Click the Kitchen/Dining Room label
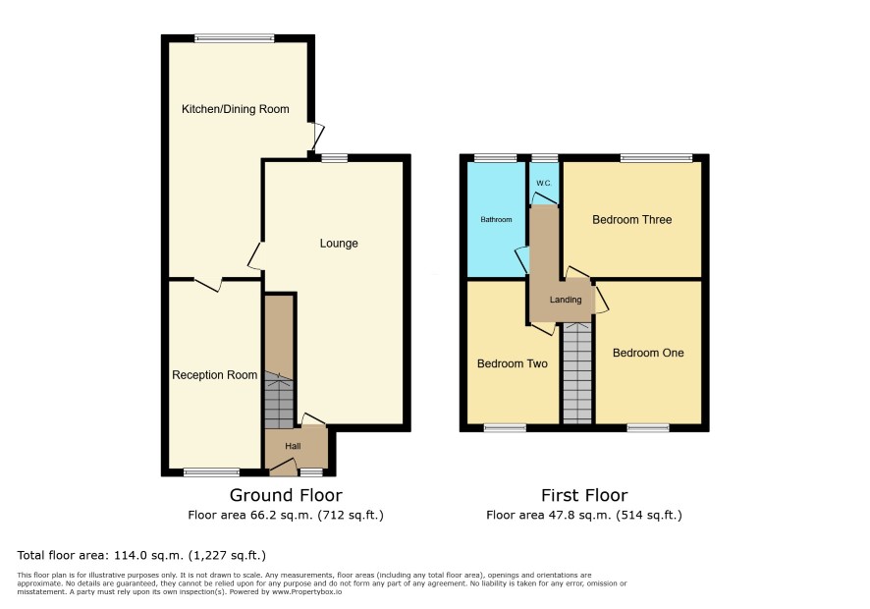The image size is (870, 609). click(x=236, y=109)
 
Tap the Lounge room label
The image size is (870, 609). click(x=339, y=244)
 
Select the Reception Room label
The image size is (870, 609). click(x=214, y=375)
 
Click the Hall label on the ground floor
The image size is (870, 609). click(x=293, y=446)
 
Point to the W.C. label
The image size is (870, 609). click(x=544, y=184)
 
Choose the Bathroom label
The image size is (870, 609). click(x=496, y=220)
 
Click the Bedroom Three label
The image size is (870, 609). click(x=632, y=220)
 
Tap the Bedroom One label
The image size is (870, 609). click(x=648, y=353)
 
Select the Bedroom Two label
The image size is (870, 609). click(x=513, y=364)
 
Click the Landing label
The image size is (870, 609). click(x=566, y=300)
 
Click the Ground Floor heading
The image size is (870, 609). click(x=286, y=495)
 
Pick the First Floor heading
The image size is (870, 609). click(x=584, y=495)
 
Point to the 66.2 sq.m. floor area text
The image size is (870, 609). click(x=286, y=515)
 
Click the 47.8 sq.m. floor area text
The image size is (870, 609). click(x=584, y=515)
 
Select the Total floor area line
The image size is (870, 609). click(x=141, y=555)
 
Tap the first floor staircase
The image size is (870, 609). click(x=577, y=372)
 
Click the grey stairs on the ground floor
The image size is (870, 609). click(x=279, y=400)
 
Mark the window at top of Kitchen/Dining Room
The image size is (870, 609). click(x=235, y=38)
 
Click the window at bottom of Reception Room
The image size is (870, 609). click(x=211, y=472)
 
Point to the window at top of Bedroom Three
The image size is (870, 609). click(x=656, y=158)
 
